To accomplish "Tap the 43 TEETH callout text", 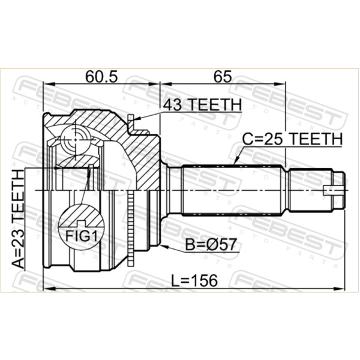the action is point(202,104).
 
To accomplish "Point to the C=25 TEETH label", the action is point(293,139).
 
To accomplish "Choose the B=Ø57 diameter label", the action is point(211,244).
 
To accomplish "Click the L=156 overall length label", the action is point(194,280).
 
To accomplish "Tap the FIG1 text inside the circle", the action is point(82,236).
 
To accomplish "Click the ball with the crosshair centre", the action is point(76,139).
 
